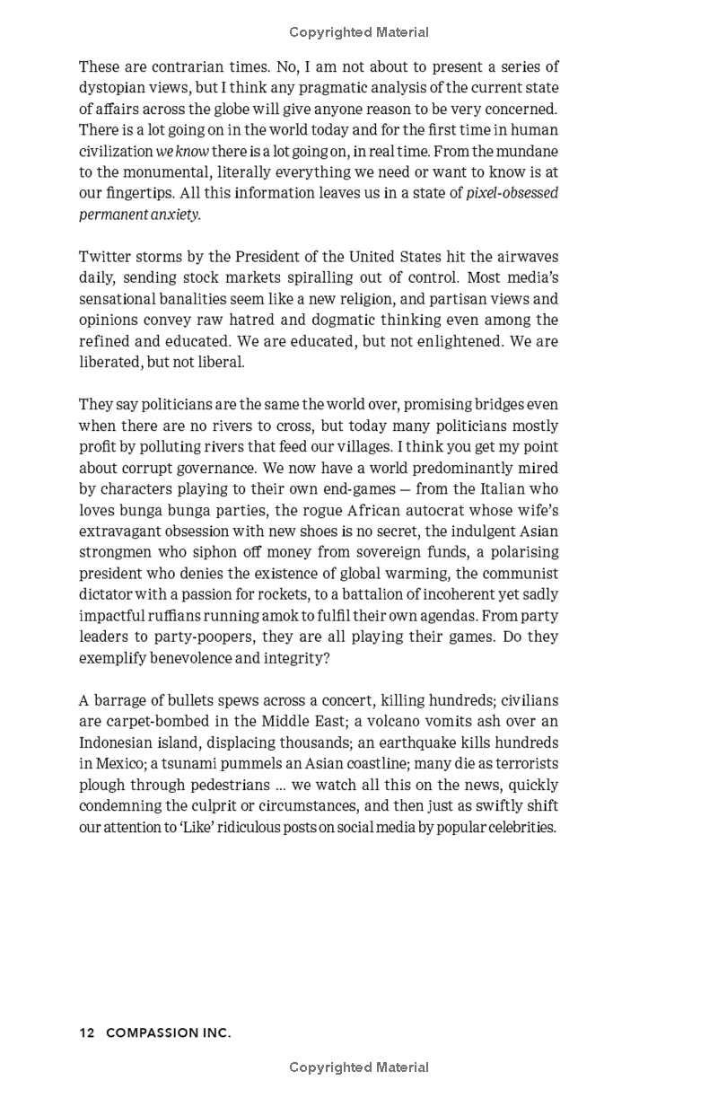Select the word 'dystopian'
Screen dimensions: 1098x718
pyautogui.click(x=111, y=88)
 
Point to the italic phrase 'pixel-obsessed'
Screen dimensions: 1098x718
pyautogui.click(x=512, y=193)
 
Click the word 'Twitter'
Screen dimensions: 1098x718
pyautogui.click(x=106, y=257)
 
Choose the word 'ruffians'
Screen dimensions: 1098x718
pyautogui.click(x=191, y=616)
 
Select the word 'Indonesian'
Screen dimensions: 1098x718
pyautogui.click(x=118, y=742)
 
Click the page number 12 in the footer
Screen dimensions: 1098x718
pyautogui.click(x=87, y=1033)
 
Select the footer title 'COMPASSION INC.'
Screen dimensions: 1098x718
pyautogui.click(x=169, y=1033)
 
